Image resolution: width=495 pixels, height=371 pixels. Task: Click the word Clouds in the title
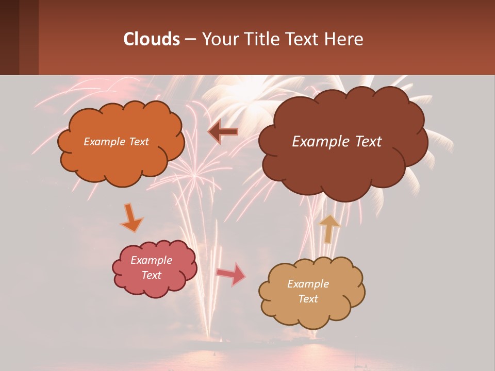151,39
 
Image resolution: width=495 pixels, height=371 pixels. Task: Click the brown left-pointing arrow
223,132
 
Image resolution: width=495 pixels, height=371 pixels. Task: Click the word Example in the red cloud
151,260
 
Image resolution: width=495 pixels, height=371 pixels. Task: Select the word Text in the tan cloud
308,299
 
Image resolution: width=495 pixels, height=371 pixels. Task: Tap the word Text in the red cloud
151,275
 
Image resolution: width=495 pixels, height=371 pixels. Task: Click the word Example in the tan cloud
308,284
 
